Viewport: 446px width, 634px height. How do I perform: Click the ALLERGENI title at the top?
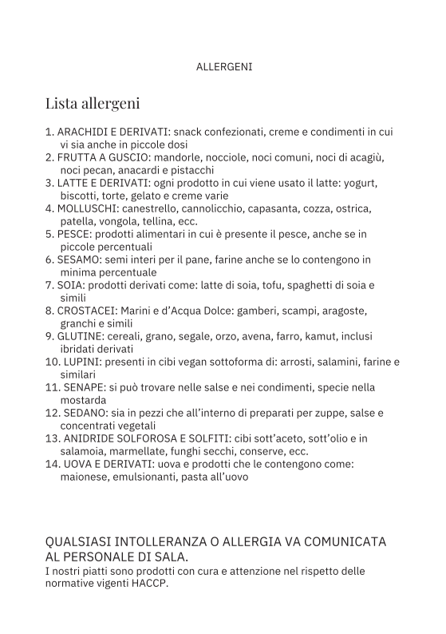click(223, 67)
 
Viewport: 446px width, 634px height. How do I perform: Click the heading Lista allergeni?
click(93, 103)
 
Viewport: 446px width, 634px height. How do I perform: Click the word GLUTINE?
click(81, 336)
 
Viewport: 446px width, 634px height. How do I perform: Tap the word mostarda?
click(83, 400)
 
